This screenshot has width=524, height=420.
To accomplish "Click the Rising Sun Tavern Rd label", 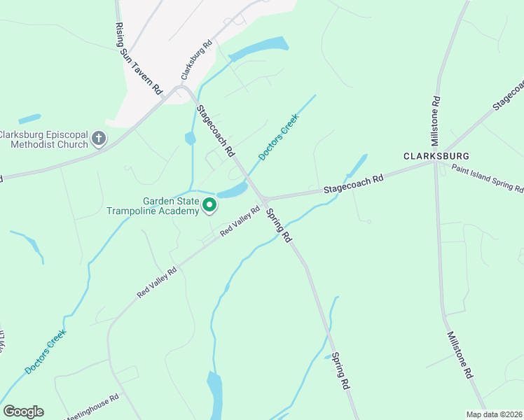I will click(x=139, y=58).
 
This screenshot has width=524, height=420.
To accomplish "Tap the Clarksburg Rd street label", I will click(x=196, y=61).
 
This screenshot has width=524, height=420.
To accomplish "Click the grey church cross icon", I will click(x=99, y=139).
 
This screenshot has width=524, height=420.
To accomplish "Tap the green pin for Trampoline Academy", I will click(x=209, y=205).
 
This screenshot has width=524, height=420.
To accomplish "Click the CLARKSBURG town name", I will click(x=435, y=155).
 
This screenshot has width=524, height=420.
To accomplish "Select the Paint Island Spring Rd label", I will click(x=487, y=178).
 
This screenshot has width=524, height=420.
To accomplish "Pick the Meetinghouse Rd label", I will click(x=94, y=406).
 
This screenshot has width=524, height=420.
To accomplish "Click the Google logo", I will click(x=23, y=412).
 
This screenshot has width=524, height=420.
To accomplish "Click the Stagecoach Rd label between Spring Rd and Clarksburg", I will click(x=354, y=184).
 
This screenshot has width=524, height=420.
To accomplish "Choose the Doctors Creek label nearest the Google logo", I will click(x=46, y=351).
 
